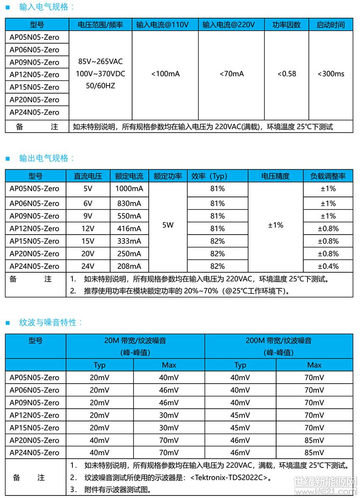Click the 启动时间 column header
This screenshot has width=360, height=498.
(330, 25)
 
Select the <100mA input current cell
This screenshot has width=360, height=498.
(165, 74)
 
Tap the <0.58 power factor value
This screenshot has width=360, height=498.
(287, 74)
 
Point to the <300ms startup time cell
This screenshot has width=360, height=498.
(331, 74)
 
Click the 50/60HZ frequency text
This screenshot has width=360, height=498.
(100, 86)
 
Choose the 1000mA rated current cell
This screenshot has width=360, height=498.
(129, 188)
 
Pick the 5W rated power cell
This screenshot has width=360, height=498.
(168, 225)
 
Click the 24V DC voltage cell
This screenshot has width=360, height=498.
(88, 266)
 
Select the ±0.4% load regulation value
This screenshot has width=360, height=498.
(328, 266)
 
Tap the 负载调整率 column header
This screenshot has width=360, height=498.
(328, 176)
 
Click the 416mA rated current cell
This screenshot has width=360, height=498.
(129, 228)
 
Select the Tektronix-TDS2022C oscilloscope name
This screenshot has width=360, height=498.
(229, 478)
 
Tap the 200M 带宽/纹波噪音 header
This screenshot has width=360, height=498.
(278, 340)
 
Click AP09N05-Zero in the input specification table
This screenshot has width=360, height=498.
(34, 62)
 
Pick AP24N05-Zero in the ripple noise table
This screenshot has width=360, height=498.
(34, 452)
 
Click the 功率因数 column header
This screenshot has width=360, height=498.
(286, 25)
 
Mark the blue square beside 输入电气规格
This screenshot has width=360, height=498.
(7, 7)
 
